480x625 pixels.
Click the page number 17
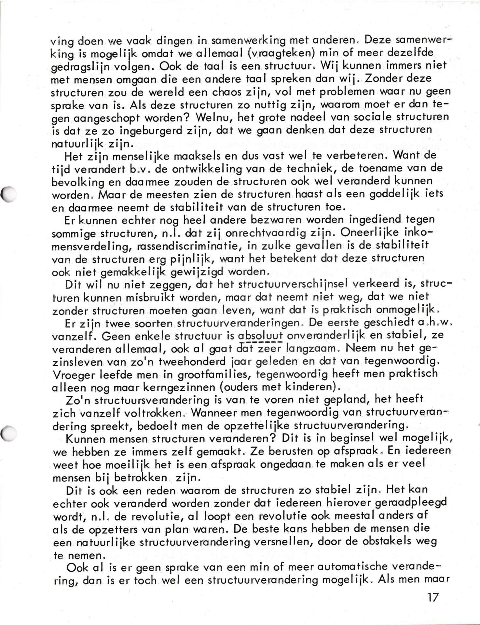point(433,597)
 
